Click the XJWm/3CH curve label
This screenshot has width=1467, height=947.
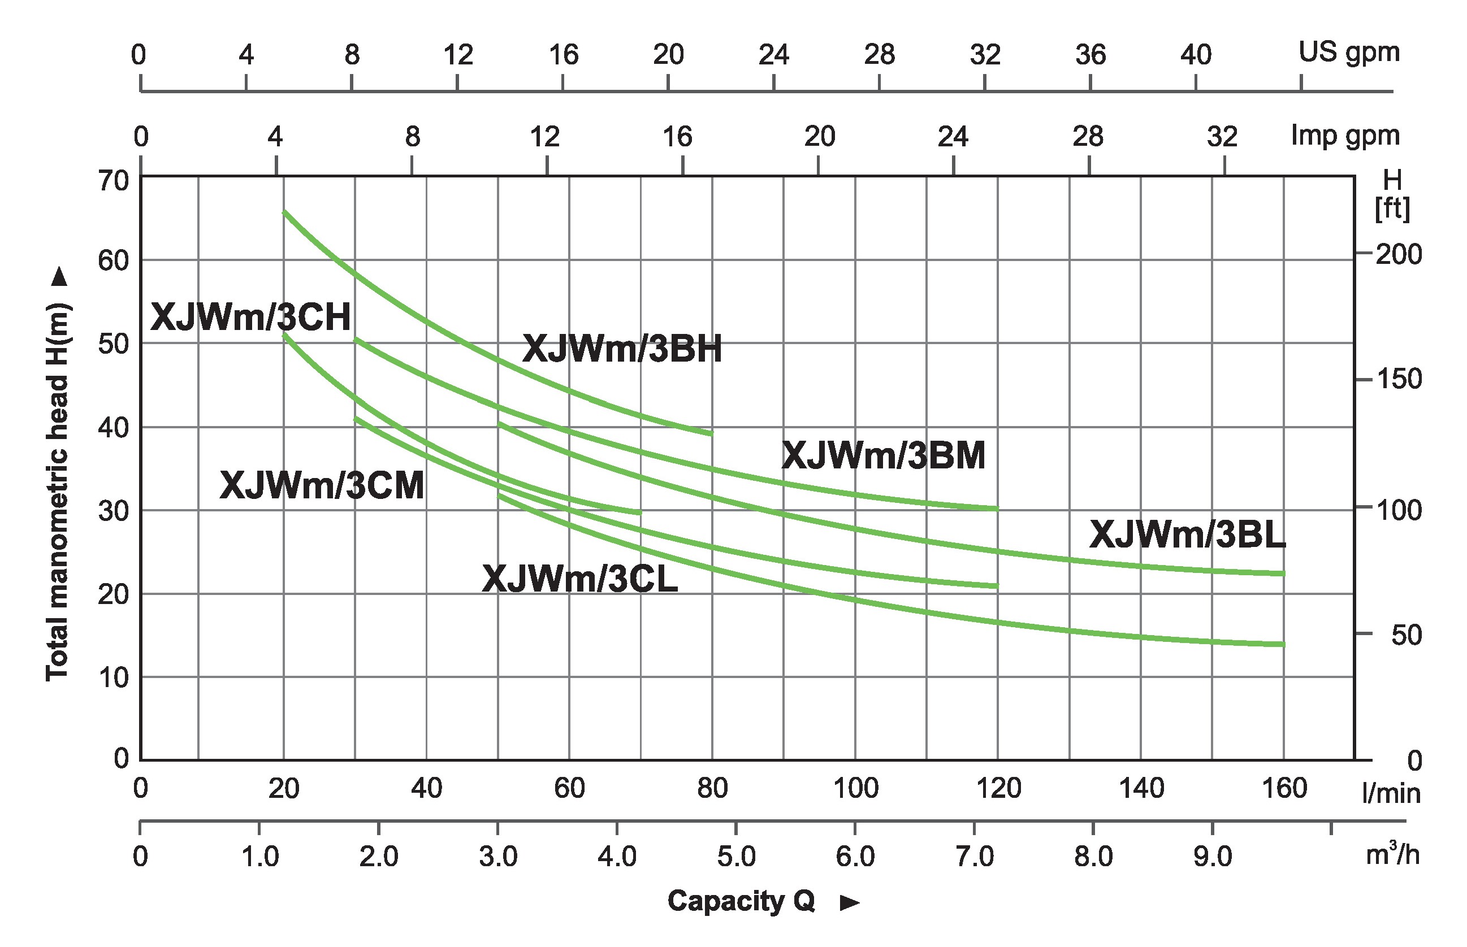[250, 318]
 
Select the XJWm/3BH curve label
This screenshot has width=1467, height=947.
[622, 349]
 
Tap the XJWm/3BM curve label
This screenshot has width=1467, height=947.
[883, 457]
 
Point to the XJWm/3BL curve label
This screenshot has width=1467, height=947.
[1187, 535]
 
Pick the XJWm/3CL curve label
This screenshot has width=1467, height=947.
[579, 579]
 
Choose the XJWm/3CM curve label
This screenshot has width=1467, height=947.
[322, 486]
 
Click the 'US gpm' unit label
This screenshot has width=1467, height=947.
[1349, 53]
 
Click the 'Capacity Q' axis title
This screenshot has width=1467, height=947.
[741, 901]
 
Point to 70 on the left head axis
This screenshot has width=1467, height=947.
[113, 181]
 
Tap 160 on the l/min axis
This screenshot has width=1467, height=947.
[1284, 788]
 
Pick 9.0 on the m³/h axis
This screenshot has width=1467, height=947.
[1213, 857]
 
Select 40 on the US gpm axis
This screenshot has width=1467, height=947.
[1195, 55]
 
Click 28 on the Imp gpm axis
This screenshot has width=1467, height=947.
[1088, 137]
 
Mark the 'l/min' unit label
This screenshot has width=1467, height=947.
[1391, 794]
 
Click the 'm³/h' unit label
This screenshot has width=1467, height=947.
[1392, 854]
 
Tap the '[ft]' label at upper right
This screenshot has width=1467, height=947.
[1392, 209]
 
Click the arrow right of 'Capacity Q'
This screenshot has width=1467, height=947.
[850, 903]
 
